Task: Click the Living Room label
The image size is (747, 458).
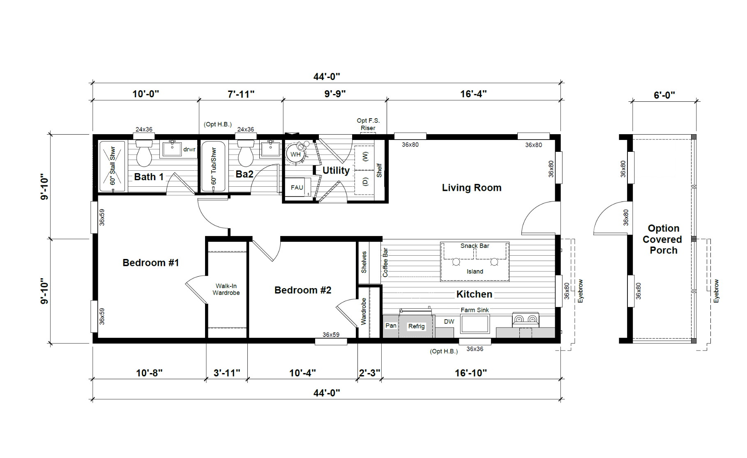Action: pyautogui.click(x=472, y=188)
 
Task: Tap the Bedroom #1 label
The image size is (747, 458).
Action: pyautogui.click(x=151, y=263)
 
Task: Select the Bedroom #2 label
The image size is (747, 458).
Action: pyautogui.click(x=303, y=290)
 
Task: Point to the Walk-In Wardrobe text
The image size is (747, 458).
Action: pyautogui.click(x=226, y=289)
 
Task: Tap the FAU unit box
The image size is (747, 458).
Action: pyautogui.click(x=297, y=188)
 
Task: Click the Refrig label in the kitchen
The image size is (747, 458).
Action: pyautogui.click(x=416, y=326)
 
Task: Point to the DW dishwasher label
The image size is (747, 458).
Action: pyautogui.click(x=449, y=322)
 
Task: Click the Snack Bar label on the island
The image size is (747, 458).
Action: pyautogui.click(x=475, y=246)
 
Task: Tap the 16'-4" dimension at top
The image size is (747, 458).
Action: pyautogui.click(x=473, y=94)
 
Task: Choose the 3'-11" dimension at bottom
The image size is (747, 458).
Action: pyautogui.click(x=227, y=373)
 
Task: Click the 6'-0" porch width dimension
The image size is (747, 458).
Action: pyautogui.click(x=664, y=95)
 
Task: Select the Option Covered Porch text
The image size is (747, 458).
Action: pyautogui.click(x=662, y=239)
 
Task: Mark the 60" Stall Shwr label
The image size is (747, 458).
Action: pyautogui.click(x=113, y=166)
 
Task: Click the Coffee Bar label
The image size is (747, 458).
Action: pyautogui.click(x=385, y=262)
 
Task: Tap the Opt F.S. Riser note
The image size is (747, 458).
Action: pyautogui.click(x=368, y=124)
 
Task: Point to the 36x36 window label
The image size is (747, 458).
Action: pyautogui.click(x=475, y=349)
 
